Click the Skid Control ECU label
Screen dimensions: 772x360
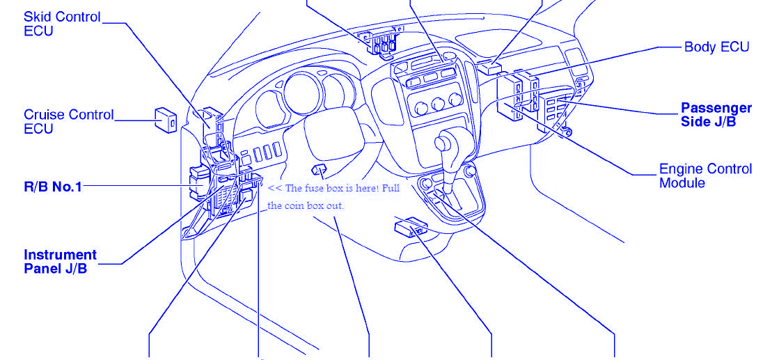[62, 24]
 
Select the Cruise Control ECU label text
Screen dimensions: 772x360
[68, 122]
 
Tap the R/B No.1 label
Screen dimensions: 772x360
[53, 187]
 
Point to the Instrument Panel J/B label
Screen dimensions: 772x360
[60, 262]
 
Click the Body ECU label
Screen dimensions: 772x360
[717, 47]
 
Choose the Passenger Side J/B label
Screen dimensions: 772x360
[716, 115]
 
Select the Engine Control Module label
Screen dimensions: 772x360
[706, 175]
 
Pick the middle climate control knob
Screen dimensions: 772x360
[438, 104]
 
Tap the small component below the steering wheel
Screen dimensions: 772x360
[319, 171]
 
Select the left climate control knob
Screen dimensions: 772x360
[420, 109]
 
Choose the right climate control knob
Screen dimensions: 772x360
[455, 100]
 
